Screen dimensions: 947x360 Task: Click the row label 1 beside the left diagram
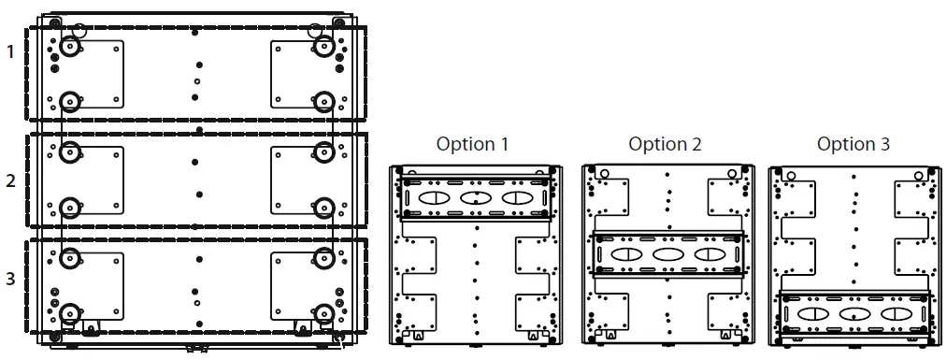[x=10, y=52]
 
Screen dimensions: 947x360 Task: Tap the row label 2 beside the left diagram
[x=10, y=181]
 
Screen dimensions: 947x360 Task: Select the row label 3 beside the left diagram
[x=10, y=280]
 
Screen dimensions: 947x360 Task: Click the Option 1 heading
[x=473, y=144]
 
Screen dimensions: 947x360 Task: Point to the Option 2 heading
[x=665, y=144]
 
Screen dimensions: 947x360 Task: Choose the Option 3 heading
[x=854, y=144]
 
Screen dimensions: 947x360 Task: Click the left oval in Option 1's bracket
[x=432, y=198]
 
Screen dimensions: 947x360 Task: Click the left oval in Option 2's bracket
[x=624, y=254]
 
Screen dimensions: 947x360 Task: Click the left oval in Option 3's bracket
[x=811, y=314]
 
